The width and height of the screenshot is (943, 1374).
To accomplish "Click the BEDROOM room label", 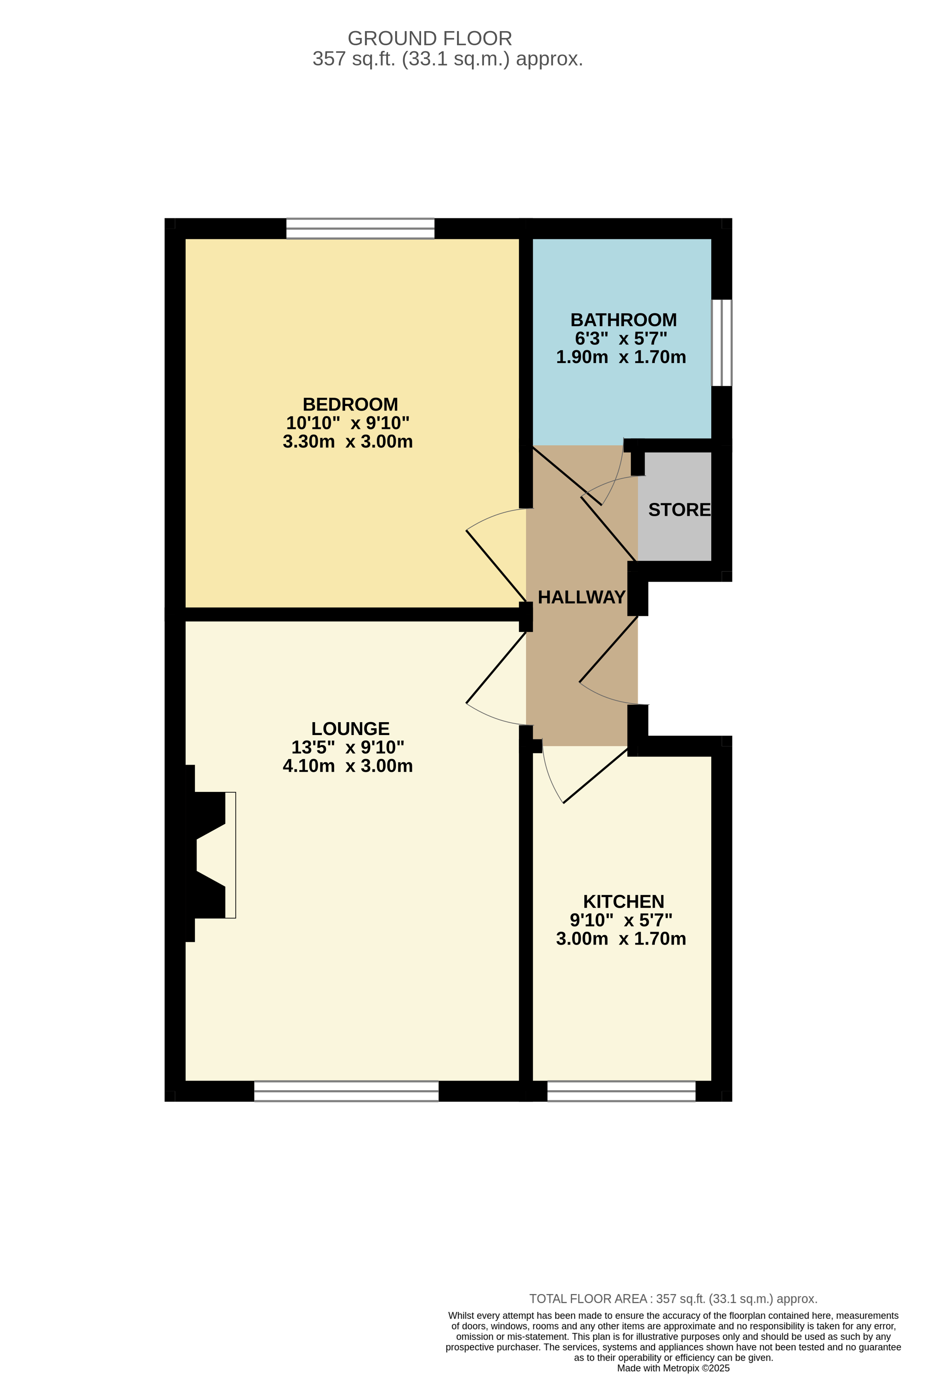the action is pyautogui.click(x=350, y=404).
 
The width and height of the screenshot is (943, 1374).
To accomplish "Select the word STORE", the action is pyautogui.click(x=679, y=510).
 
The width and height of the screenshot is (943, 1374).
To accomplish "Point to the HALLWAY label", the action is pyautogui.click(x=581, y=597).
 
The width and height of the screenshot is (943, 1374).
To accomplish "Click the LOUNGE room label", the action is pyautogui.click(x=350, y=729).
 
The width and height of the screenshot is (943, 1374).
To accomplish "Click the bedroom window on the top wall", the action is pyautogui.click(x=360, y=228).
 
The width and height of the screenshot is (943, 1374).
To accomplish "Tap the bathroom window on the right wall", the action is pyautogui.click(x=721, y=343).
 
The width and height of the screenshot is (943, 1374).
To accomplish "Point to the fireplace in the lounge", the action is pyautogui.click(x=211, y=855).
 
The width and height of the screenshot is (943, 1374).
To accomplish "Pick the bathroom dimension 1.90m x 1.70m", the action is pyautogui.click(x=621, y=357).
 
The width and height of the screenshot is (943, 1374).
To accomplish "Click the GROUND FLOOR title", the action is pyautogui.click(x=430, y=38).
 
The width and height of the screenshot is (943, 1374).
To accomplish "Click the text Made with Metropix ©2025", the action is pyautogui.click(x=673, y=1368).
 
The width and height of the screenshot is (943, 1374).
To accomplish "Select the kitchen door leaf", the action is pyautogui.click(x=595, y=775).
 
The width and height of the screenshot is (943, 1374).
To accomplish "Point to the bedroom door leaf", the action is pyautogui.click(x=496, y=566).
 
